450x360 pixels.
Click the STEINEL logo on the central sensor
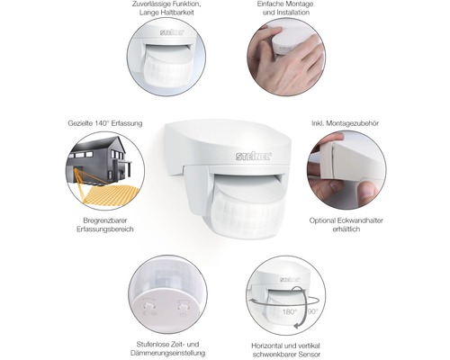click(x=254, y=156)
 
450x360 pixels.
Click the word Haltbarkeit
click(x=178, y=13)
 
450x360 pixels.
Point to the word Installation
click(x=293, y=13)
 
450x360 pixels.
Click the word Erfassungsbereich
click(x=105, y=229)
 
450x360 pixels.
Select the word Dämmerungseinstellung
click(x=167, y=353)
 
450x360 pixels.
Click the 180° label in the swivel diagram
click(x=289, y=312)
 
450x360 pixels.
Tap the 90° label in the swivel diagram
click(x=312, y=311)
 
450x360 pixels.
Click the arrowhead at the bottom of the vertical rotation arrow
click(x=297, y=326)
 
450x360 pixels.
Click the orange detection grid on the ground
click(x=111, y=195)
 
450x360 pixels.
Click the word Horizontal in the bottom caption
click(x=268, y=346)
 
